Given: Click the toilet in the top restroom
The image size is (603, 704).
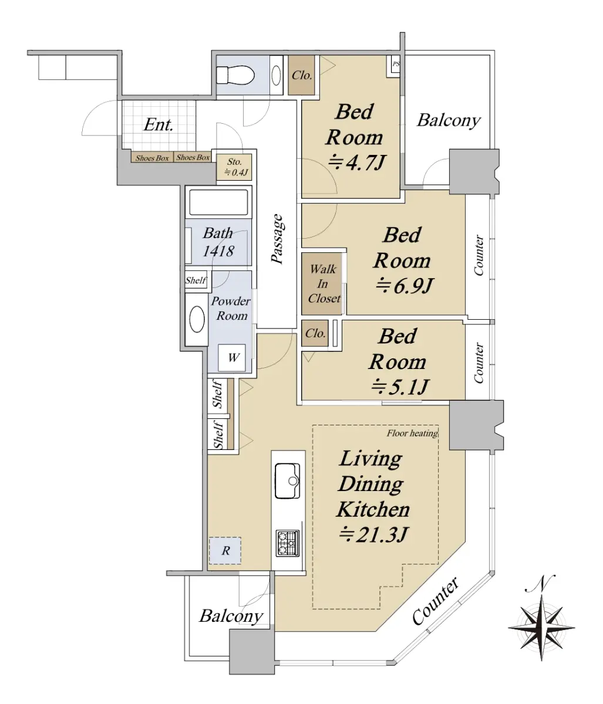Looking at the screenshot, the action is [235, 75].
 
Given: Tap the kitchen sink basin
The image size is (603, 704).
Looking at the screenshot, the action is [287, 480].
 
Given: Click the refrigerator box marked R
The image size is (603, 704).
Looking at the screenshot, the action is [225, 550].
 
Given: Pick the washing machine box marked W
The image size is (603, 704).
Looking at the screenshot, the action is [232, 358].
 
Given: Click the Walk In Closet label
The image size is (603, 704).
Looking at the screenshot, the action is [324, 284].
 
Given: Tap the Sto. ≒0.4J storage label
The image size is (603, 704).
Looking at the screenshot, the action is [235, 167].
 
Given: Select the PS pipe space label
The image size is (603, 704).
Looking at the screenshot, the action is [395, 64].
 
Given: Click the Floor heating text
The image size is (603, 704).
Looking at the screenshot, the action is [412, 433].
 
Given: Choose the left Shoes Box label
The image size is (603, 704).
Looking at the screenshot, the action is [152, 158].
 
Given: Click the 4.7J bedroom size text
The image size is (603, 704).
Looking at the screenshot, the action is [356, 163].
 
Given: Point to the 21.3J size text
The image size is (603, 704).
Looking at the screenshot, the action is [373, 534].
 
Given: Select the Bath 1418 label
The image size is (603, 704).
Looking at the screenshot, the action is [218, 242].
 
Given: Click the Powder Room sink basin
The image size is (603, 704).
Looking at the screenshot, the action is [197, 319].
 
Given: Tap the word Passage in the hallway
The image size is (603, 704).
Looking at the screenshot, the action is [277, 238].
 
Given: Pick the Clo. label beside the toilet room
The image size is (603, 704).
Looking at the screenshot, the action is [302, 75].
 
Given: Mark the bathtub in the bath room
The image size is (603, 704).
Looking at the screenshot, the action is [218, 202].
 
